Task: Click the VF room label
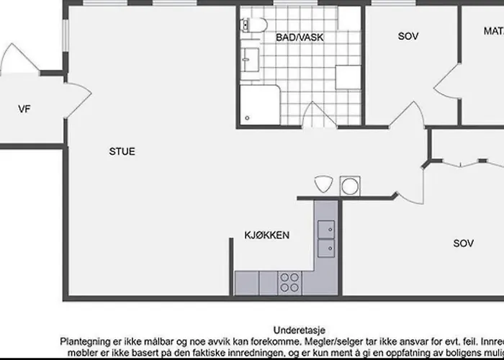24,109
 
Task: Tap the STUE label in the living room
122,152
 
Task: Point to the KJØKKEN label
266,235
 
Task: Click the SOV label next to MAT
408,36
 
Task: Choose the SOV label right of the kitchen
463,243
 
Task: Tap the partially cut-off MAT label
493,31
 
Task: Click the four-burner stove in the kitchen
289,282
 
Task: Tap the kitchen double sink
326,238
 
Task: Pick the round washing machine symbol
350,185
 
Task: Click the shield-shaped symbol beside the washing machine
323,184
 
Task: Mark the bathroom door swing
313,114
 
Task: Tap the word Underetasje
294,330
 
